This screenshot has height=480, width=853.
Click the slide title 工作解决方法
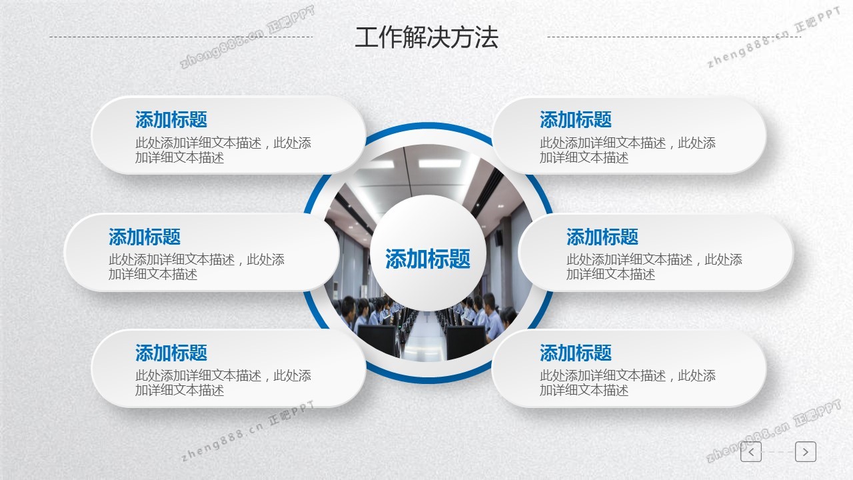(x=426, y=37)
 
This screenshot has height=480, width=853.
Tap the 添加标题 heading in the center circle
(x=428, y=259)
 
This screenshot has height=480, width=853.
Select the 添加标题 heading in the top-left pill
(x=171, y=119)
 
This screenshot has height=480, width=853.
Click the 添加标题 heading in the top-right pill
(x=576, y=119)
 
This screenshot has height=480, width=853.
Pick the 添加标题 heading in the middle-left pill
(x=145, y=237)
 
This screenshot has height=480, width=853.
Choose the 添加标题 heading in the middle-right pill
(x=602, y=237)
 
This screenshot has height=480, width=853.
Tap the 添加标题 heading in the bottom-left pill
(x=171, y=353)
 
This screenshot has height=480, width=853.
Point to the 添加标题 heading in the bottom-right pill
(x=576, y=353)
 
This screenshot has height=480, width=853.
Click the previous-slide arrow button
(x=751, y=452)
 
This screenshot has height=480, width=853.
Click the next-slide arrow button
(x=806, y=452)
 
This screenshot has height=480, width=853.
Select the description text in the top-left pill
(x=223, y=150)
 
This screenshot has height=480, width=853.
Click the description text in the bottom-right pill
(x=628, y=383)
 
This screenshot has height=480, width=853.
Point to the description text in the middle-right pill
(x=654, y=267)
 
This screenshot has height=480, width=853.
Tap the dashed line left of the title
(x=181, y=37)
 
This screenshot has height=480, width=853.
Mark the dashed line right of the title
(x=674, y=37)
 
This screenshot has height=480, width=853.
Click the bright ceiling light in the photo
(x=439, y=164)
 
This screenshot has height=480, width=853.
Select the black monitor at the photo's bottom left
(x=377, y=339)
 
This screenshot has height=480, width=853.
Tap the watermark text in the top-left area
(x=247, y=37)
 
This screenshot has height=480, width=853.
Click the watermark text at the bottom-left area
(x=247, y=431)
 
